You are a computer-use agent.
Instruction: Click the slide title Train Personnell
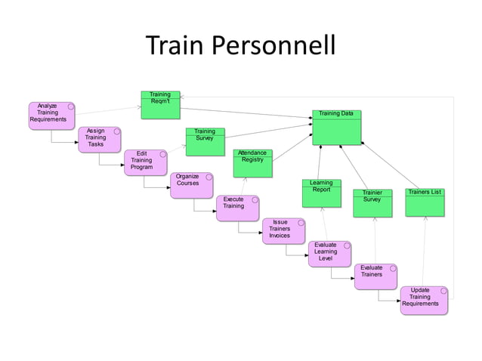pyautogui.click(x=240, y=48)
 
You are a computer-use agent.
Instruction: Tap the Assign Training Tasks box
pyautogui.click(x=99, y=139)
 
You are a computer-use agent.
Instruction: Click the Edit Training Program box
pyautogui.click(x=145, y=162)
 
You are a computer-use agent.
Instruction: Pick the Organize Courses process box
pyautogui.click(x=191, y=185)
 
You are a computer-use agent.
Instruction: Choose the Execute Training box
pyautogui.click(x=238, y=208)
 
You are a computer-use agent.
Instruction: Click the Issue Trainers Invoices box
pyautogui.click(x=283, y=231)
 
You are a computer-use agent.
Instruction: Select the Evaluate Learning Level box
pyautogui.click(x=329, y=254)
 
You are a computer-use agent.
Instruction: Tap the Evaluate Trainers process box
pyautogui.click(x=375, y=276)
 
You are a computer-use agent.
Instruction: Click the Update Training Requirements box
pyautogui.click(x=423, y=299)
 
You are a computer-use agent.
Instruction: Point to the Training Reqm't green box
pyautogui.click(x=160, y=105)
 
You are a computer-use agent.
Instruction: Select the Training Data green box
pyautogui.click(x=336, y=126)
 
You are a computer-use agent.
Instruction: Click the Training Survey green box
pyautogui.click(x=205, y=141)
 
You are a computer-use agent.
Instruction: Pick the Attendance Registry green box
pyautogui.click(x=252, y=162)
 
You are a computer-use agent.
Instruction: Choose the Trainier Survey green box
pyautogui.click(x=372, y=202)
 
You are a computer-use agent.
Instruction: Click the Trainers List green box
pyautogui.click(x=425, y=202)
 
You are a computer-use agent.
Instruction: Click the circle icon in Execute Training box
pyautogui.click(x=255, y=200)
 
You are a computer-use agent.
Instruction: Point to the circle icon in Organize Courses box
pyautogui.click(x=209, y=177)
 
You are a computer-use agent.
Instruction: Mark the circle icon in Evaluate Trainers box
pyautogui.click(x=393, y=269)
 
